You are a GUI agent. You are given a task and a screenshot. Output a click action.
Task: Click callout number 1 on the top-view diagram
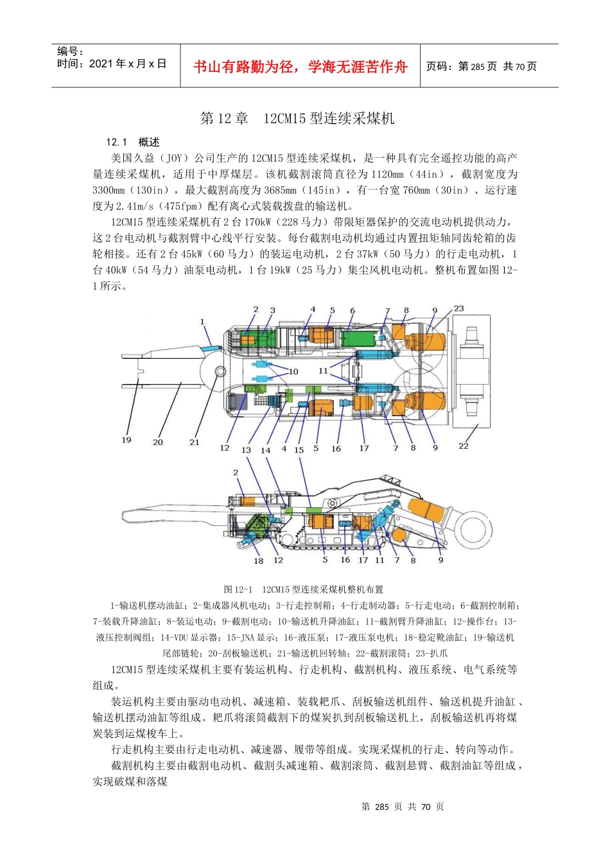(202, 322)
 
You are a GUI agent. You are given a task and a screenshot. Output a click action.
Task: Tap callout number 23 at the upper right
(458, 309)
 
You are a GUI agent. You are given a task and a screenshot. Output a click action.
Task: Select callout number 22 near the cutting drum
(464, 446)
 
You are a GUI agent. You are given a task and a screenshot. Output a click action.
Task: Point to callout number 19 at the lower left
(126, 440)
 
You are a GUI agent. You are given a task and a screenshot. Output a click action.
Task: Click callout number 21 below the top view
(195, 442)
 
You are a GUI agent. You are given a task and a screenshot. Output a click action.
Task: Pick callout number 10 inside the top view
(293, 371)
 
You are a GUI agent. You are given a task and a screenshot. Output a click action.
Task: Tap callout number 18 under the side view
(258, 561)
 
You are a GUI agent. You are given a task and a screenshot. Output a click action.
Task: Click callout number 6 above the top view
(353, 311)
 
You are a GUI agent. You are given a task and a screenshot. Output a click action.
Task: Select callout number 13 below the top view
(246, 450)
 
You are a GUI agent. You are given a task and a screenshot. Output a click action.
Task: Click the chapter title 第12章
(224, 118)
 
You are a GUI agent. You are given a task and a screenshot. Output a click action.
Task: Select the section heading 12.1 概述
(133, 142)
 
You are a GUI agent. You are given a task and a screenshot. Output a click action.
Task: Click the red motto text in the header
(301, 67)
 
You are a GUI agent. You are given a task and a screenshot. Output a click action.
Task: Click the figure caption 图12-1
(238, 589)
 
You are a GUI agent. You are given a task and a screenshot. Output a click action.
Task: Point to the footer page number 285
(382, 806)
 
